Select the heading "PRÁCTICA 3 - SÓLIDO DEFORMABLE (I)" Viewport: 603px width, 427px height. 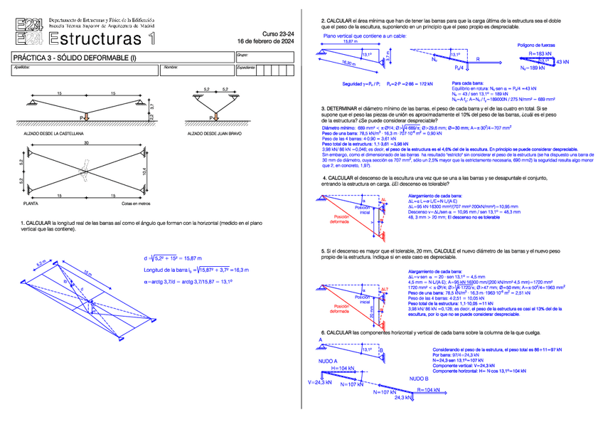click(x=78, y=57)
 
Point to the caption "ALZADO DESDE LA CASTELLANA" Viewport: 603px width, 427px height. click(x=54, y=133)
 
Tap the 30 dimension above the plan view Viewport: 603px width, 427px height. click(x=87, y=144)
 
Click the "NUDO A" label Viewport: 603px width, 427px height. click(x=329, y=361)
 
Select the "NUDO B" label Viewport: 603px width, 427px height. click(x=418, y=379)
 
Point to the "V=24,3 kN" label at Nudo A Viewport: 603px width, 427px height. click(x=320, y=382)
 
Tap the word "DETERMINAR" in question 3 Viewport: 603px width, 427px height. click(x=344, y=108)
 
